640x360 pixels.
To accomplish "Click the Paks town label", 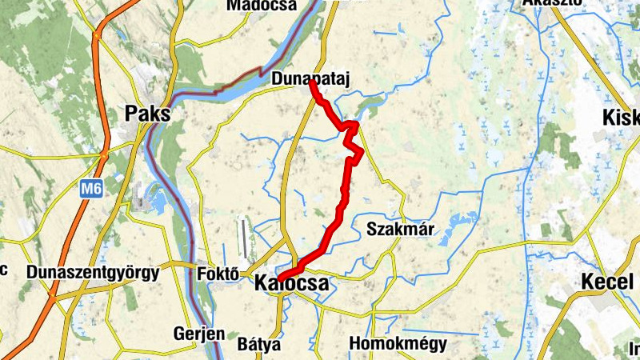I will [148, 114].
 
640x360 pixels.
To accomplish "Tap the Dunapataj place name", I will [311, 78].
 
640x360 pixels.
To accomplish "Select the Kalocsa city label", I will [291, 284].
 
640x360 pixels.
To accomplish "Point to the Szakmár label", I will [400, 230].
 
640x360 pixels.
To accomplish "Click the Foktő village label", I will [218, 274].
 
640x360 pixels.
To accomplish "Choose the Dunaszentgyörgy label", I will [93, 272].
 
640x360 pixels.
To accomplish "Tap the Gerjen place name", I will [199, 334].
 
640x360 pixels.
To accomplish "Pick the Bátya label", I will [259, 345].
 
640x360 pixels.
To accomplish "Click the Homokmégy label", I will [398, 345].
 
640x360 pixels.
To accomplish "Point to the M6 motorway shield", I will [90, 190].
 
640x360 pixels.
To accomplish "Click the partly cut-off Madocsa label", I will [262, 6].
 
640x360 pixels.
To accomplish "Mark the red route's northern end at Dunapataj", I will [311, 83].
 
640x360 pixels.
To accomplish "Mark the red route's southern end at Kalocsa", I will [281, 278].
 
